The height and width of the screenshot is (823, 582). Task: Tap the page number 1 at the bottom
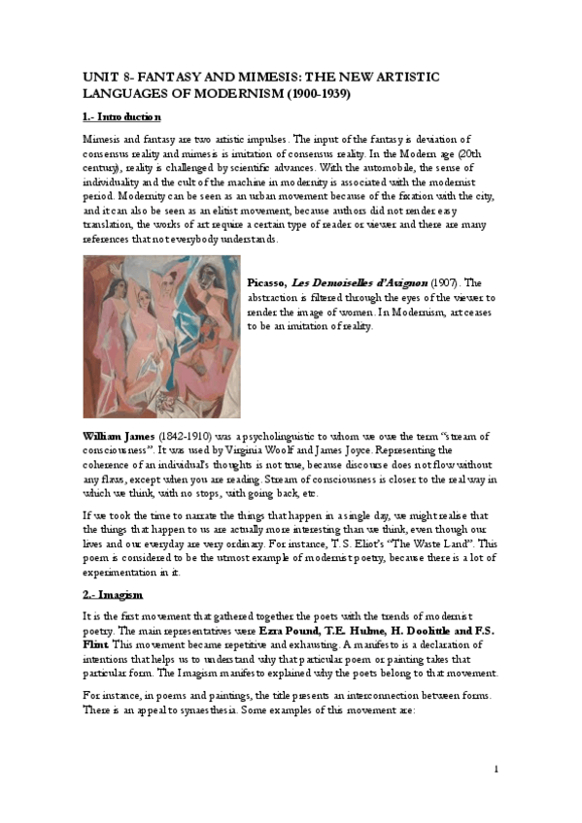point(496,770)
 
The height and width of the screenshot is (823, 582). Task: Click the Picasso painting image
point(161,324)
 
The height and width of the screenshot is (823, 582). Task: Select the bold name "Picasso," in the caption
point(269,281)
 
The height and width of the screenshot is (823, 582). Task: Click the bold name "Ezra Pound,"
point(291,631)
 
